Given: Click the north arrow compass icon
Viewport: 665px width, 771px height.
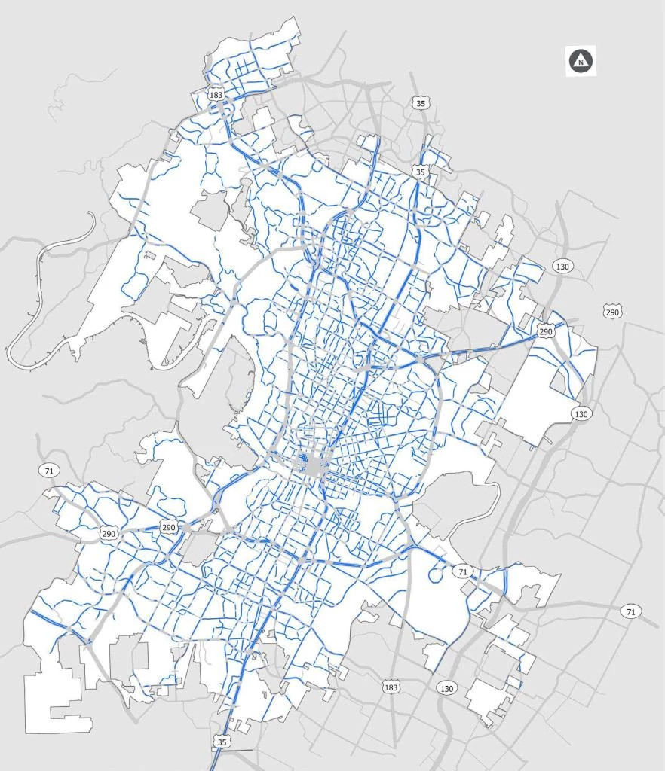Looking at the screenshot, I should pyautogui.click(x=581, y=62).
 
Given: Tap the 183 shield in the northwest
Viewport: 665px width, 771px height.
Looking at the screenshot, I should pyautogui.click(x=216, y=95).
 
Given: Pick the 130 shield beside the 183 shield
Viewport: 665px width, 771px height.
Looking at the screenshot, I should pyautogui.click(x=446, y=688).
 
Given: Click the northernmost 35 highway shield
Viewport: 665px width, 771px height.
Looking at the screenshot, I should pyautogui.click(x=420, y=102).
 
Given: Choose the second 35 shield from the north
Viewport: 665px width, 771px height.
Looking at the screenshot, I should pyautogui.click(x=420, y=172).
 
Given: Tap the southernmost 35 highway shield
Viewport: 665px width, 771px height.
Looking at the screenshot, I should pyautogui.click(x=221, y=742).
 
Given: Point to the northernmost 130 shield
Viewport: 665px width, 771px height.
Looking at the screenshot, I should pyautogui.click(x=562, y=266).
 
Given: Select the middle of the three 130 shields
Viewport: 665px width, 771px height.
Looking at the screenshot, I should pyautogui.click(x=581, y=413).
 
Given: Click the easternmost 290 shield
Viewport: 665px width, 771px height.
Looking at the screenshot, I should pyautogui.click(x=611, y=311).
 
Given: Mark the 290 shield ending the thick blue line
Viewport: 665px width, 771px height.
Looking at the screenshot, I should pyautogui.click(x=546, y=331).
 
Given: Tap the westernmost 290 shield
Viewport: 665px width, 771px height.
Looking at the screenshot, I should pyautogui.click(x=109, y=533).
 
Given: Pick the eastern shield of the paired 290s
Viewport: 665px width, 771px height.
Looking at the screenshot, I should pyautogui.click(x=169, y=527).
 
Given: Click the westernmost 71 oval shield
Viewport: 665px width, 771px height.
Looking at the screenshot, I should pyautogui.click(x=48, y=471).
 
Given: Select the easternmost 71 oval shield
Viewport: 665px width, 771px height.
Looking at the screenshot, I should pyautogui.click(x=630, y=611).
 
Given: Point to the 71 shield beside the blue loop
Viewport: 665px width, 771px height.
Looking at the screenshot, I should pyautogui.click(x=462, y=572).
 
